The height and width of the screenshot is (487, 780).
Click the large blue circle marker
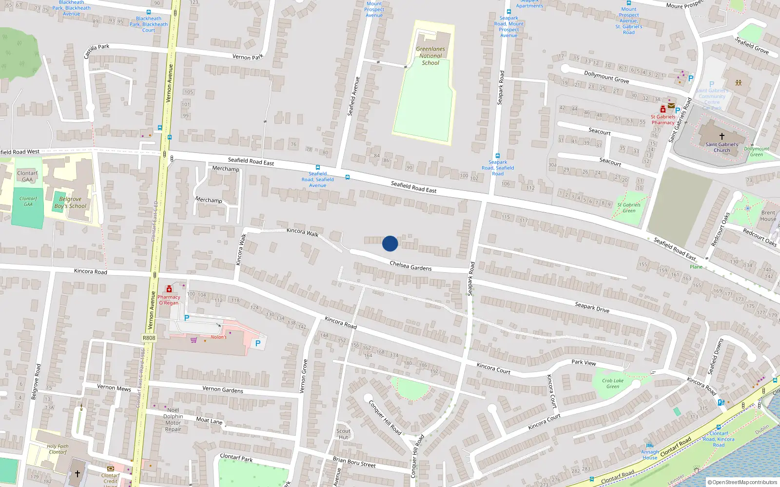tap(390, 243)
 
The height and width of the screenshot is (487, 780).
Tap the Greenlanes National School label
tap(430, 56)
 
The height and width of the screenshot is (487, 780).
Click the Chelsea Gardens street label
tap(410, 266)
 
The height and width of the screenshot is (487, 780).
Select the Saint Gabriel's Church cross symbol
tap(722, 136)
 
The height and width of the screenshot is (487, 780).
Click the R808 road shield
tap(149, 338)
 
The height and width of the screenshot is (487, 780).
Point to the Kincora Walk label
tap(302, 232)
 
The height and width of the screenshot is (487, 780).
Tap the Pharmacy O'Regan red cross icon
tap(169, 289)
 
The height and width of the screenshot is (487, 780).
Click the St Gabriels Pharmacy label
tap(663, 120)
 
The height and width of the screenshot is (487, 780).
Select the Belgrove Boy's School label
tap(70, 203)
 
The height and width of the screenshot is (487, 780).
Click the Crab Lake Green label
tap(613, 384)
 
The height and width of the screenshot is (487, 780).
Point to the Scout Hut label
tap(343, 434)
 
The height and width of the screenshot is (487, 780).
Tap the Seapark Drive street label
tap(592, 307)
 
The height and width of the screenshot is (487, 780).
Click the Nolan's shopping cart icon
tap(194, 340)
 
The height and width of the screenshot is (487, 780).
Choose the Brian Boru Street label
tap(354, 462)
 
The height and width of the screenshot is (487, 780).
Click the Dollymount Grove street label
tap(606, 76)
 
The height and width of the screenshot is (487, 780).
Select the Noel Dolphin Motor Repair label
tap(173, 419)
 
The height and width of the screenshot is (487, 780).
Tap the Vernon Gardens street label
tap(222, 389)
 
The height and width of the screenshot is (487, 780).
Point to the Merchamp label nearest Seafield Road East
tap(226, 169)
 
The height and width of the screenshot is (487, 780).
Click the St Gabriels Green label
tap(629, 208)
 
